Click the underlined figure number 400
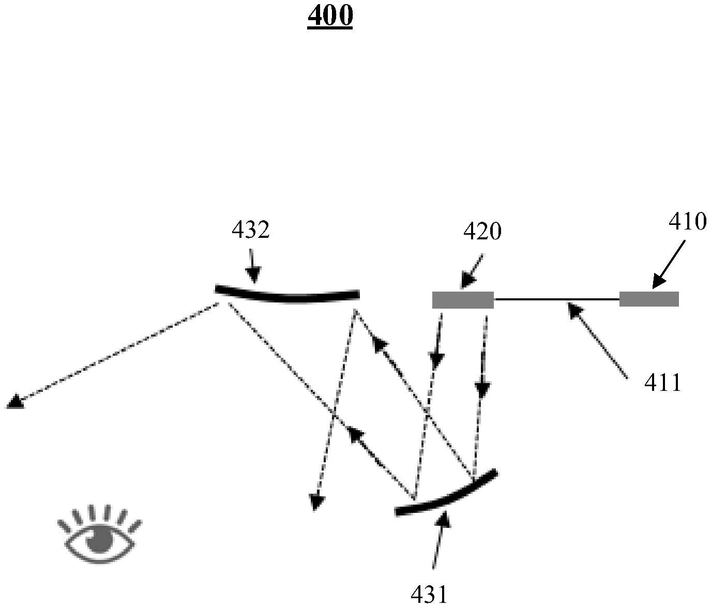(x=330, y=17)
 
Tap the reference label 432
(x=250, y=230)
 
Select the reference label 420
(x=482, y=232)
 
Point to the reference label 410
(x=687, y=222)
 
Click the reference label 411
(x=663, y=383)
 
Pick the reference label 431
(x=429, y=595)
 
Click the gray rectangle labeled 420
(x=463, y=300)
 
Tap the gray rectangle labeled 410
(x=649, y=299)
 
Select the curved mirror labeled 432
(x=288, y=296)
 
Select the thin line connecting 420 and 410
(x=556, y=299)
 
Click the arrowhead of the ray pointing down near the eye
(x=316, y=503)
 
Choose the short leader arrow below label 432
(x=253, y=266)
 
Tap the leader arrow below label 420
(x=473, y=270)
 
